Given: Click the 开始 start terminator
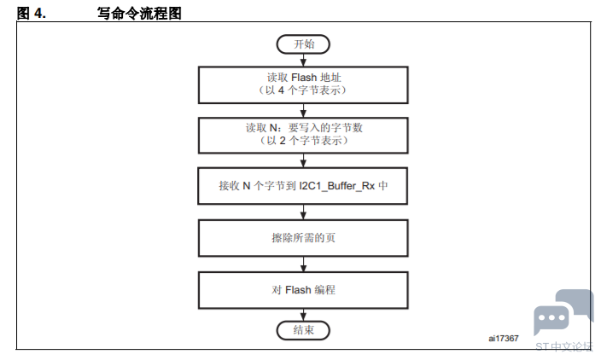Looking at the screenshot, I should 303,44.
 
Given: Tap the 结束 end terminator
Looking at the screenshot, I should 303,329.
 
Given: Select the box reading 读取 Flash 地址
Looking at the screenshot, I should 303,83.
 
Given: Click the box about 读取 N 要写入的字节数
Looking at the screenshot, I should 303,134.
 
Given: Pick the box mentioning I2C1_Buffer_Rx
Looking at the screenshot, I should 303,185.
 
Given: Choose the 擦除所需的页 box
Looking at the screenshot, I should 303,238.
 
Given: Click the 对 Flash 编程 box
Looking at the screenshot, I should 303,290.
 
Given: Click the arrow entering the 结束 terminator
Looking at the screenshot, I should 303,314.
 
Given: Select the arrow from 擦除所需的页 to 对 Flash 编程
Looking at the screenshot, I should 303,264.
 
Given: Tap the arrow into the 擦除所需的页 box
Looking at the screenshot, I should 303,212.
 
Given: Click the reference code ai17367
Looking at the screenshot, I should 504,338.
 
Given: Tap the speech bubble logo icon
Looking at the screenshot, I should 563,313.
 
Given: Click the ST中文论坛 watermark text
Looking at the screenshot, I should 563,346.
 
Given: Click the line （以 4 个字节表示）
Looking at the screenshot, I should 303,90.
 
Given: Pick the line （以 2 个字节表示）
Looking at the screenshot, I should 303,141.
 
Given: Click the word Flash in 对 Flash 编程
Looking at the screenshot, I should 298,290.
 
